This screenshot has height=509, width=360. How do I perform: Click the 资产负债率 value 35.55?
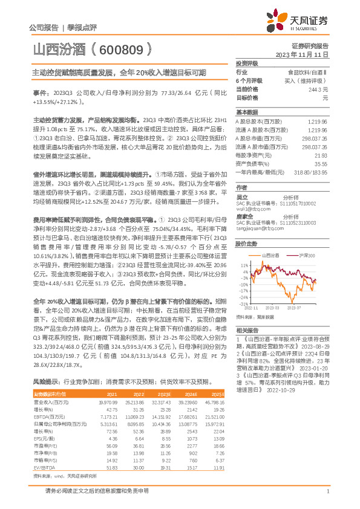321,163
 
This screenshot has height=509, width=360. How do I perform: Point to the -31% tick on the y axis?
243,303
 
